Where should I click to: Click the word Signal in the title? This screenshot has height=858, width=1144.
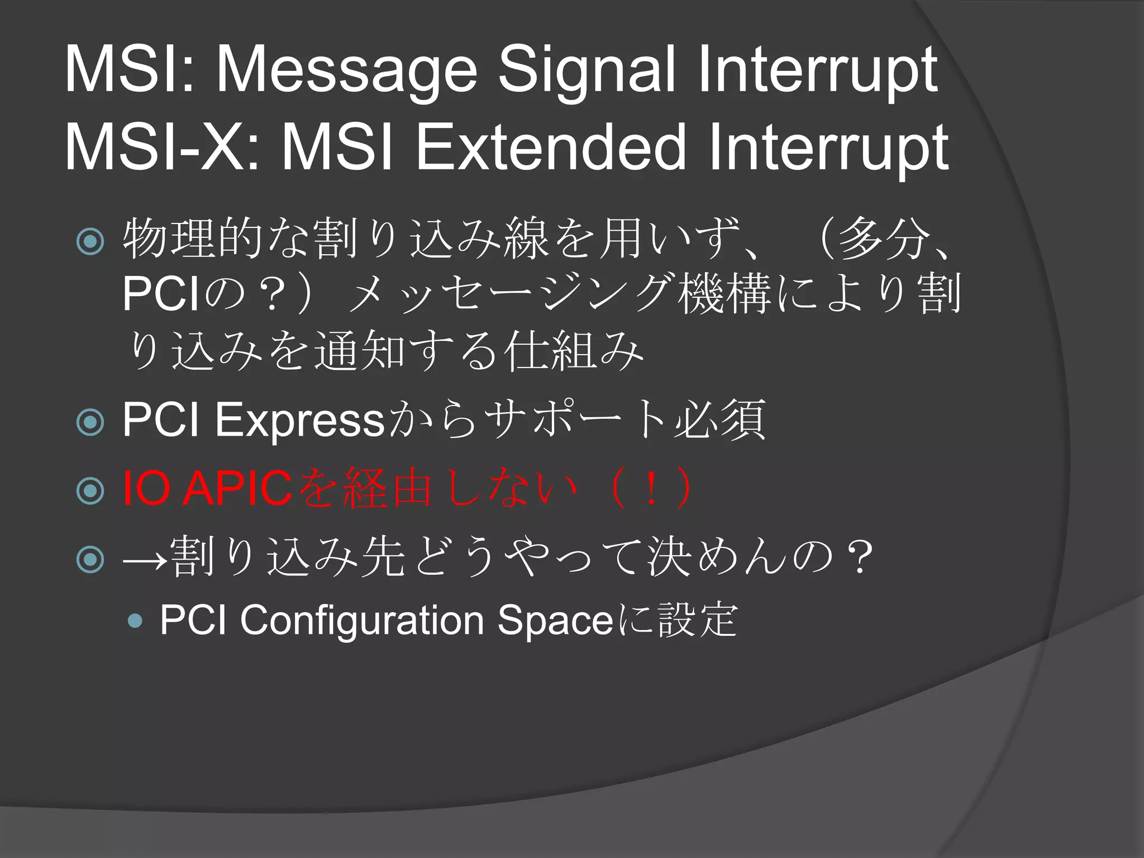point(587,70)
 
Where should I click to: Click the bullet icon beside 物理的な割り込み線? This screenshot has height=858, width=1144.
point(90,241)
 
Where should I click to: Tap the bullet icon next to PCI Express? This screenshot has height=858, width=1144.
point(90,422)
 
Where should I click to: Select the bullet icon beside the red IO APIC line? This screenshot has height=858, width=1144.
point(90,490)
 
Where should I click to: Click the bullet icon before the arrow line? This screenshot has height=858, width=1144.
point(90,559)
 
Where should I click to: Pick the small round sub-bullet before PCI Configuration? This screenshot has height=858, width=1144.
point(135,621)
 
